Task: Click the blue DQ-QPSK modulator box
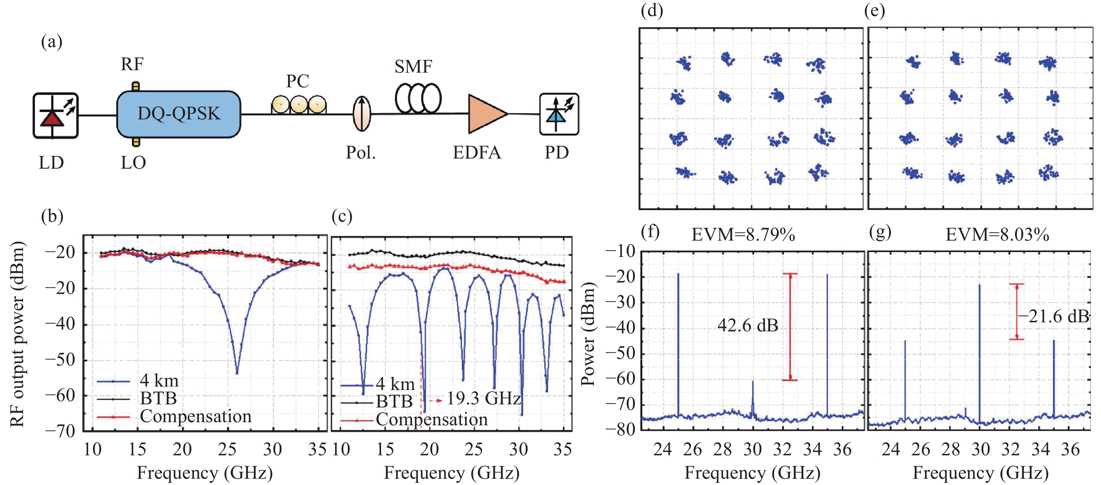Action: [179, 114]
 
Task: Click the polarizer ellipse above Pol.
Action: [362, 114]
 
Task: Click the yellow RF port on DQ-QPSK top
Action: [136, 87]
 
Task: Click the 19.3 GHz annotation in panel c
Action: [483, 399]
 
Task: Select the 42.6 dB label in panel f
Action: [748, 326]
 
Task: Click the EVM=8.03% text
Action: [997, 235]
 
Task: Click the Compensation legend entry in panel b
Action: [195, 416]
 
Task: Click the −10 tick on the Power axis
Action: [621, 251]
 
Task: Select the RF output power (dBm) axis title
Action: [17, 334]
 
